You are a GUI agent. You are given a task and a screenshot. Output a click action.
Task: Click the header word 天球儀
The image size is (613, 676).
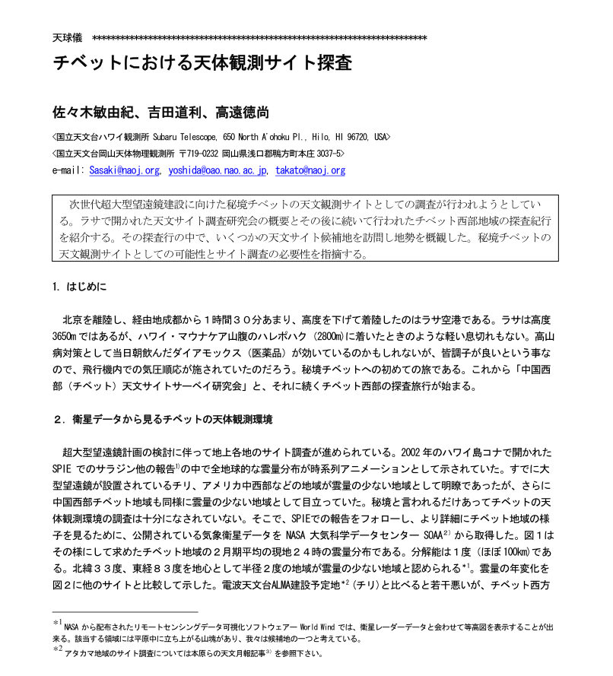click(x=67, y=37)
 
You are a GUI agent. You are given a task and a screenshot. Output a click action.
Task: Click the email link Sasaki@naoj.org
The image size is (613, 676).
click(x=124, y=170)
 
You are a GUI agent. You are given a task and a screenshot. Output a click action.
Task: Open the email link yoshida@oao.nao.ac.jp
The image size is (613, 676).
click(x=218, y=170)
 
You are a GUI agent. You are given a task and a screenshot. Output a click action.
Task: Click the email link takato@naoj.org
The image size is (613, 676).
click(x=310, y=170)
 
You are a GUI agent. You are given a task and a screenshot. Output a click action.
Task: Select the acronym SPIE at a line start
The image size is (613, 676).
click(x=65, y=469)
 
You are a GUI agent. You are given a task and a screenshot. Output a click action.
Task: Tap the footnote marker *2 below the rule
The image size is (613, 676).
click(x=58, y=649)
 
